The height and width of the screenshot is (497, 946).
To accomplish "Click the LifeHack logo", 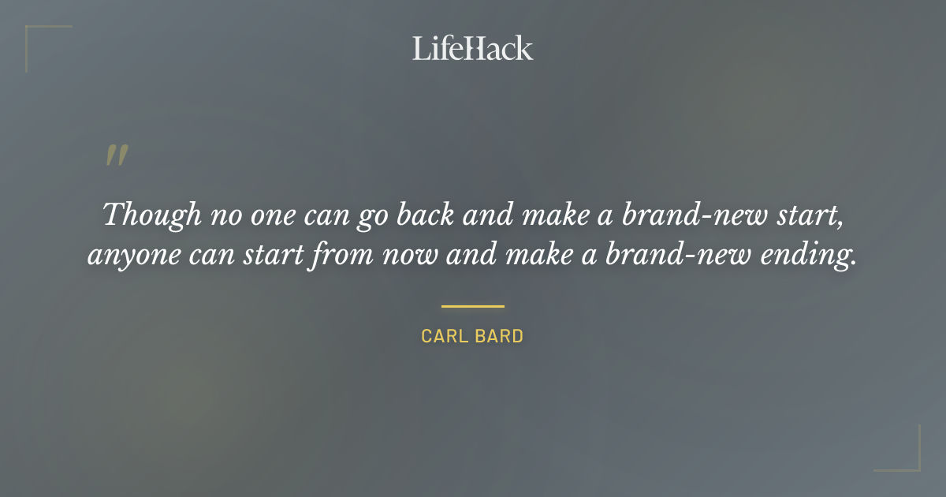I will point(472,48).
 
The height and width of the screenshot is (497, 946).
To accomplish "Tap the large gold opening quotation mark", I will point(116,155).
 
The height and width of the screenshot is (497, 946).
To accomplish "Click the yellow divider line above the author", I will point(472,306).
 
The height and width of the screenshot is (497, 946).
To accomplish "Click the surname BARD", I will point(501,336).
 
